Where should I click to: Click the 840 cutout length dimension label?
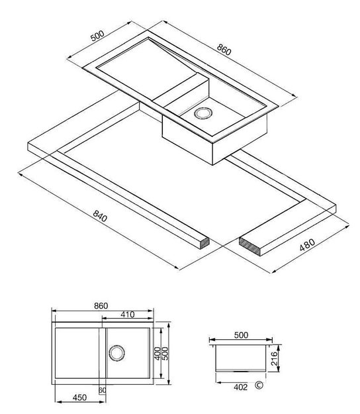point(100,216)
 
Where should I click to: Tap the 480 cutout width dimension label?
point(307,245)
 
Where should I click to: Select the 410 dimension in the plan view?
point(128,315)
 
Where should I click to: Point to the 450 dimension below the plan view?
point(79,397)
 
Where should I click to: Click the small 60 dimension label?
point(102,390)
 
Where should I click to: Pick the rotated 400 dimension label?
point(157,353)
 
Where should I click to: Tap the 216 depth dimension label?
point(274,358)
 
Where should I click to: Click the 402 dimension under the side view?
point(241,387)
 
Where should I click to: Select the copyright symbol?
point(259,386)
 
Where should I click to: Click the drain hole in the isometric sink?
point(203,113)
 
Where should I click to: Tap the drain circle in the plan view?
point(116,353)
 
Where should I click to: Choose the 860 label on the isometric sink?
point(224,50)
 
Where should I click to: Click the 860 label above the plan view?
point(101,306)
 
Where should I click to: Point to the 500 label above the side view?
point(241,335)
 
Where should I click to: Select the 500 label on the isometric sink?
point(97,36)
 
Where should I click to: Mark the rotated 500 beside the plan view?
point(165,353)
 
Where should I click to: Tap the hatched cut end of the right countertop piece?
point(249,246)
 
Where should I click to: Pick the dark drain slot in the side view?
point(240,371)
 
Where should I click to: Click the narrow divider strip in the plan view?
point(103,353)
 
